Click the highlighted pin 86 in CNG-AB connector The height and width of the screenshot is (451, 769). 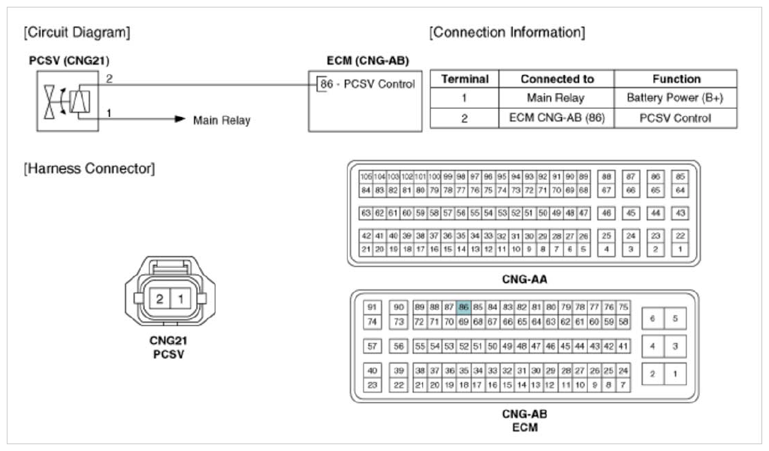click(463, 308)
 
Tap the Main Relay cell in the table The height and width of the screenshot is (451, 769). click(556, 98)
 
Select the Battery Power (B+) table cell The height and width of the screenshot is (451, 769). click(675, 98)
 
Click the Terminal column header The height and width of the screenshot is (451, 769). click(464, 79)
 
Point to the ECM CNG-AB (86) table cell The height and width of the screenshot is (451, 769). click(556, 118)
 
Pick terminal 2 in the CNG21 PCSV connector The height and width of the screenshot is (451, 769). click(159, 299)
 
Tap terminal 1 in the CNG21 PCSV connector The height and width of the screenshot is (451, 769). click(180, 299)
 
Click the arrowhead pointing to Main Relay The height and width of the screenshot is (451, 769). click(180, 119)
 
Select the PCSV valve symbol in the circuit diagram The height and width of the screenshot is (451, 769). click(67, 101)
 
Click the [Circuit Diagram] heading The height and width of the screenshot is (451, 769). click(77, 32)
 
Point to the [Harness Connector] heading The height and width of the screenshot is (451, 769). click(89, 169)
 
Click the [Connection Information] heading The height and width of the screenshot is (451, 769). click(507, 32)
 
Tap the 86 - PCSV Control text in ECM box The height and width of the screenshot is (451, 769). click(367, 84)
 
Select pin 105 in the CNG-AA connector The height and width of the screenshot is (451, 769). click(366, 176)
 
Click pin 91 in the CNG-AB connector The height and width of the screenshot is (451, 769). click(372, 308)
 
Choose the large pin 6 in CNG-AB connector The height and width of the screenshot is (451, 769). click(653, 319)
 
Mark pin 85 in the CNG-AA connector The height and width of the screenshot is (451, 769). click(680, 176)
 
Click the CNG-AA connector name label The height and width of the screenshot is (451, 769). click(524, 279)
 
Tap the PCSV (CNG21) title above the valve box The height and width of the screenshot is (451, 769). click(69, 61)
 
